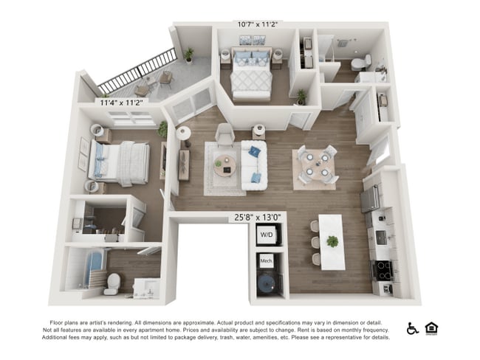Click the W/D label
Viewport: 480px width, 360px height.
pos(266,235)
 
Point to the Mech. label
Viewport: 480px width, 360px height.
pos(266,262)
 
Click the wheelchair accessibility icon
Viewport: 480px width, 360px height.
pos(412,328)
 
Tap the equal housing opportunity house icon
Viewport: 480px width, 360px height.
pos(431,328)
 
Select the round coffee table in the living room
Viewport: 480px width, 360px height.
pos(226,167)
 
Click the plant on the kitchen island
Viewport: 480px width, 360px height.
pos(332,240)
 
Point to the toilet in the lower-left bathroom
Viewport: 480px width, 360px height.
pos(112,283)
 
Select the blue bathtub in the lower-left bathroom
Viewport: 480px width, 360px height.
pos(81,271)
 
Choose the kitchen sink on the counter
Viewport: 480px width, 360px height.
pos(381,237)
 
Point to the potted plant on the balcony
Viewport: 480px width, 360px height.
pos(189,55)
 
